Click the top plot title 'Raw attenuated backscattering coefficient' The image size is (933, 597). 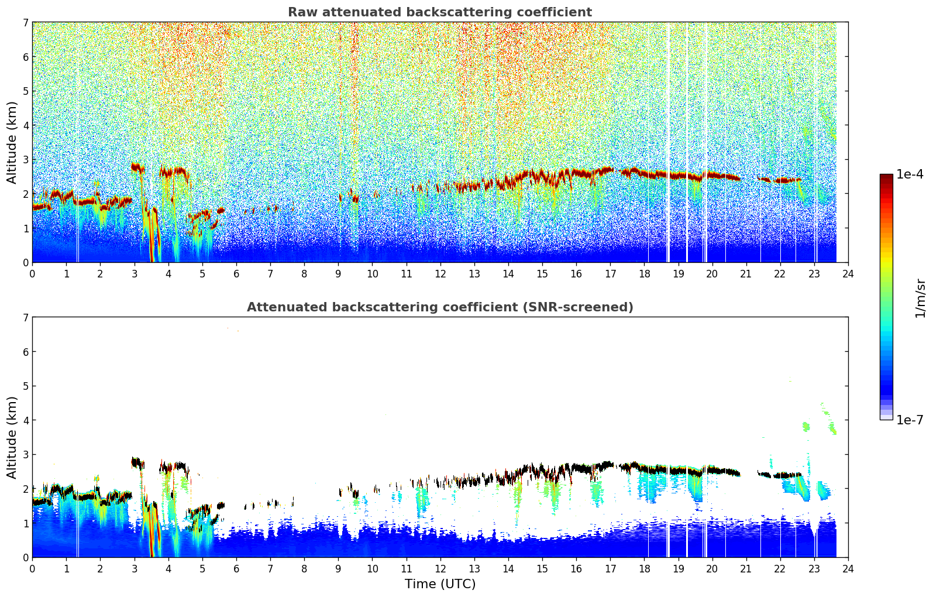pos(439,12)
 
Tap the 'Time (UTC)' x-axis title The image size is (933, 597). pos(440,584)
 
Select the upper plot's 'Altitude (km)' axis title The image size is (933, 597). pos(12,142)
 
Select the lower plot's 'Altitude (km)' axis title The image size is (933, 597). pos(12,437)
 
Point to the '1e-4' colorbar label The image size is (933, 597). pos(910,174)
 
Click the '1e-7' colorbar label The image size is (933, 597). pos(910,420)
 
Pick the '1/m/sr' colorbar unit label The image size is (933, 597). pos(920,298)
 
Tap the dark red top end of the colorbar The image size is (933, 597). pos(886,177)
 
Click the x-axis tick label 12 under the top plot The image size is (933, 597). pos(440,273)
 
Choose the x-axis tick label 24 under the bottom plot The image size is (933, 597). pos(848,568)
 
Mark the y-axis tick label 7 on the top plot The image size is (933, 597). pos(25,23)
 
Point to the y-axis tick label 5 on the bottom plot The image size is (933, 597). pos(25,386)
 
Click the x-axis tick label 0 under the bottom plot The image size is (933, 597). pos(32,568)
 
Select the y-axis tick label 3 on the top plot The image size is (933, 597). pos(25,160)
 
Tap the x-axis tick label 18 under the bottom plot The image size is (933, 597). pos(644,568)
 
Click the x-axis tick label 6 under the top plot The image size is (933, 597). pos(236,273)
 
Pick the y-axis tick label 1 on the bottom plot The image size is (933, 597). pos(25,523)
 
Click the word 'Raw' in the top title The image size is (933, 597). pos(301,12)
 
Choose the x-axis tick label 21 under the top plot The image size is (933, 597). pos(746,273)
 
